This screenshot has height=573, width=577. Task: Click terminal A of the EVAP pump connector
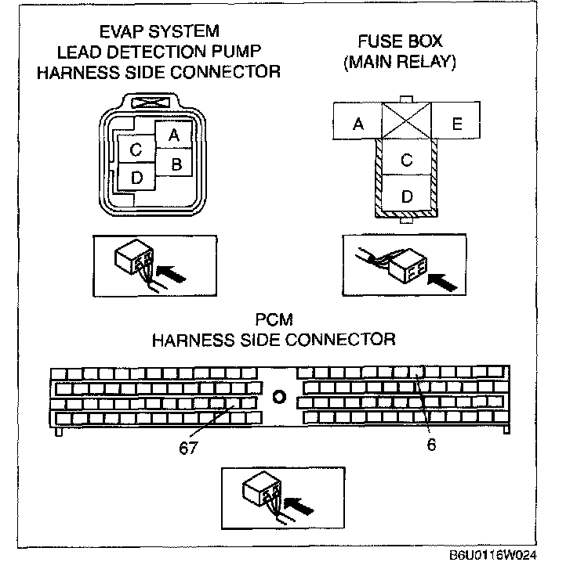[174, 135]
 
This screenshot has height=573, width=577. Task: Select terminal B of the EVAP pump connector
[176, 164]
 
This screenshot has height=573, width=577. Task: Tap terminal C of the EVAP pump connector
[136, 150]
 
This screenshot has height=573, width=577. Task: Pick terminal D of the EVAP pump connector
[136, 178]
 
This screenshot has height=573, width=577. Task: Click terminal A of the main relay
[357, 124]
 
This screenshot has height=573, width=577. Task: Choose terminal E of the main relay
[457, 124]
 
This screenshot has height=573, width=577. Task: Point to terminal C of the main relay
[406, 160]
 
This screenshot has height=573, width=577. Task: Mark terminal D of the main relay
[406, 196]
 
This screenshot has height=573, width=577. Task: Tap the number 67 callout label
[187, 449]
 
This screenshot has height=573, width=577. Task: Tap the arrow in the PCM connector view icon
[299, 506]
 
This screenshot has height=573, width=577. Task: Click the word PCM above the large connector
[274, 321]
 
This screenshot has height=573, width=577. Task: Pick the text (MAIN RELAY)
[400, 63]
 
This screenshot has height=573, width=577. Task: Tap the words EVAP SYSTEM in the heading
[159, 33]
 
